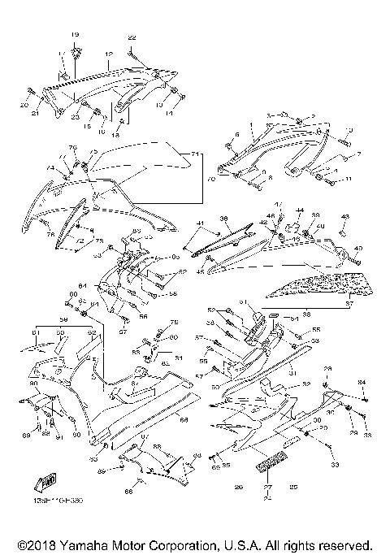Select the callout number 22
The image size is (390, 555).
(x=132, y=38)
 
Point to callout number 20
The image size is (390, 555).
(x=23, y=106)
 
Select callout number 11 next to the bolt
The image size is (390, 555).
(x=349, y=178)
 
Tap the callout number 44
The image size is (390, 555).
(x=299, y=210)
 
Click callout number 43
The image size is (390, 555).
(x=345, y=216)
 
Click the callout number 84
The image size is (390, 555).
(x=363, y=382)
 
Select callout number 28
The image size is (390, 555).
(x=327, y=369)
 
